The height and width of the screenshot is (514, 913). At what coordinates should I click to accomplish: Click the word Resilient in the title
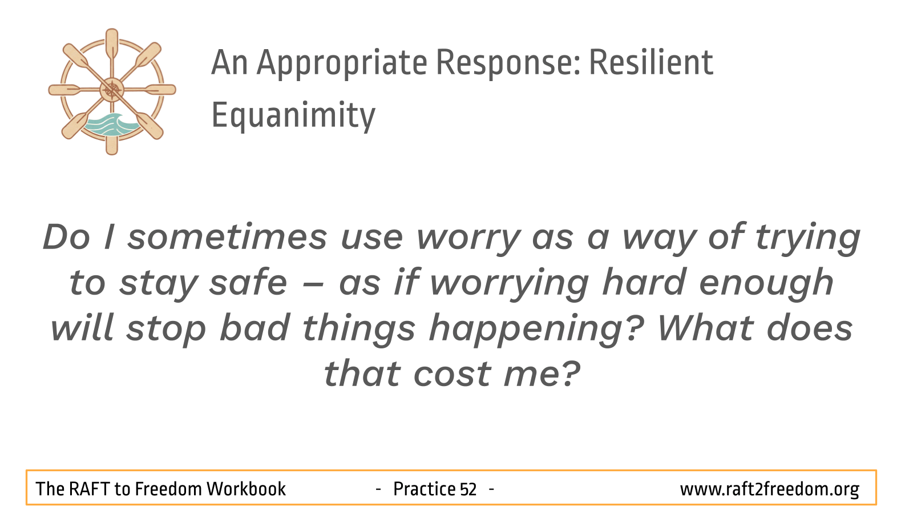[651, 62]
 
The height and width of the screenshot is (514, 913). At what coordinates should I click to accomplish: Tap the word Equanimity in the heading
[293, 115]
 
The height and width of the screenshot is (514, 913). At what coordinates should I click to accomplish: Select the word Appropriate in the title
[342, 63]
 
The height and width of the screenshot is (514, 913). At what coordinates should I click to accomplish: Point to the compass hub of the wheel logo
[112, 90]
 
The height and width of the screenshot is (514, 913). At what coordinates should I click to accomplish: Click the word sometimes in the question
[227, 238]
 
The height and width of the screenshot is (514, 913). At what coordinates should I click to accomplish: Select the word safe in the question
[248, 282]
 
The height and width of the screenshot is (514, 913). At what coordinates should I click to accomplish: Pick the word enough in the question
[766, 283]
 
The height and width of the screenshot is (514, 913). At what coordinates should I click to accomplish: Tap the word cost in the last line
[452, 374]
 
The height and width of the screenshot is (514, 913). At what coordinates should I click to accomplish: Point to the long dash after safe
[313, 285]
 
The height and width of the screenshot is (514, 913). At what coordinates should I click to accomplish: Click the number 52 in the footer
[468, 489]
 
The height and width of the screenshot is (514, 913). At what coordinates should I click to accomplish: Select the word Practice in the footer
[424, 489]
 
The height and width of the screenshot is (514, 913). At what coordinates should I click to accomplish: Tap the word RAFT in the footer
[89, 489]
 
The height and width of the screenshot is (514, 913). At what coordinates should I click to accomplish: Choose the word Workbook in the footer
[246, 489]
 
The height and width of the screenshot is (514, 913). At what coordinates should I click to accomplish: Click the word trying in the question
[807, 238]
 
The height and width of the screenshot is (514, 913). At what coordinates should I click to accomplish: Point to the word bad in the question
[254, 328]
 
